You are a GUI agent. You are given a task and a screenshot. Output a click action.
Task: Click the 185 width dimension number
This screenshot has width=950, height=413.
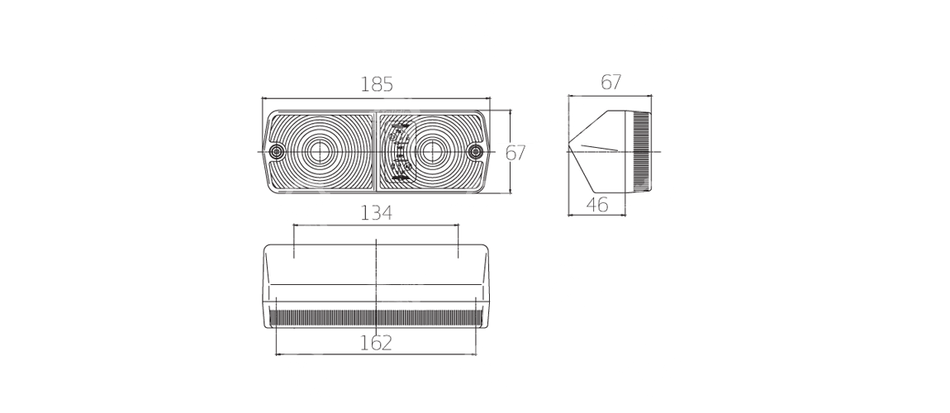pos(376,83)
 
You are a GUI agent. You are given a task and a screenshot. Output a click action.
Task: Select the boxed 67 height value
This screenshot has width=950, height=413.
pos(515,152)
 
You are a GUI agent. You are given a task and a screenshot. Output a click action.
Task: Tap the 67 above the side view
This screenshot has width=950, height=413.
pos(610,82)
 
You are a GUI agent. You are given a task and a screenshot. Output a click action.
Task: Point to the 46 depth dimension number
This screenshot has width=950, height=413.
pos(597,205)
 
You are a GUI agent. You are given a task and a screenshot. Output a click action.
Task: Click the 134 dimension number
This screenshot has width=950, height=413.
pos(376,213)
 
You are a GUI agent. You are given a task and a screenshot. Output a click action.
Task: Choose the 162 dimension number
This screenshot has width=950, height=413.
pos(376,342)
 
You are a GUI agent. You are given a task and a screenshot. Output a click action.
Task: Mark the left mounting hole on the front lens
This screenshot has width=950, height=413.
pos(277,152)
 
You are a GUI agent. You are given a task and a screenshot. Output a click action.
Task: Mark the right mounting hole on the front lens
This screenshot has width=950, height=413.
pos(474,152)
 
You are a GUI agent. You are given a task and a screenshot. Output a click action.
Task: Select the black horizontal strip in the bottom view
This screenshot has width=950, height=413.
pos(376,316)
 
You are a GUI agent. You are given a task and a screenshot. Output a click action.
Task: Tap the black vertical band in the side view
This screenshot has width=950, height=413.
pos(641,149)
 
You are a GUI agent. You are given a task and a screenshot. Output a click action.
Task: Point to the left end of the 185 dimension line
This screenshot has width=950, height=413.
pos(264,97)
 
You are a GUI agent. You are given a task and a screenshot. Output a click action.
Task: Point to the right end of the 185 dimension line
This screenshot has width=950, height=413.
pos(490,97)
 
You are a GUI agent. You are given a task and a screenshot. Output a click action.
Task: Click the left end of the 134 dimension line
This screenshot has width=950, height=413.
pos(294,225)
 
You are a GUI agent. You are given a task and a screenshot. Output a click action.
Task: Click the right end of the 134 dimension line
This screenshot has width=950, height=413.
pos(458,225)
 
